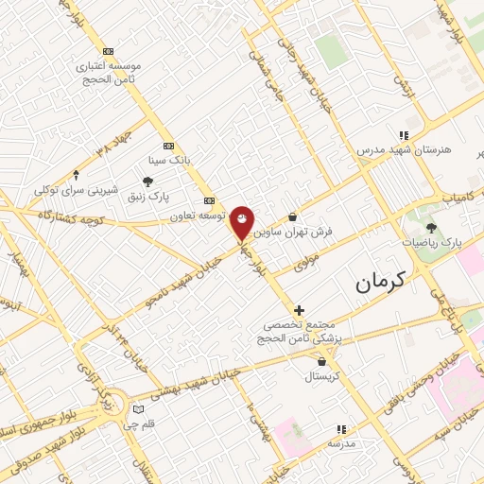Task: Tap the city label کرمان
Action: coord(381,281)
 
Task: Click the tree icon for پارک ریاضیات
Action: coord(432,228)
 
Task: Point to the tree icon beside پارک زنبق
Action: coord(147,181)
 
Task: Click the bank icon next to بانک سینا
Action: coord(168,146)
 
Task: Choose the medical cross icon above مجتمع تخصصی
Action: coord(300,309)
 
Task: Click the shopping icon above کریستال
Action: coord(323,361)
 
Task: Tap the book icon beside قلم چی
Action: coord(139,409)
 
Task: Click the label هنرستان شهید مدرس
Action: coord(405,150)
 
